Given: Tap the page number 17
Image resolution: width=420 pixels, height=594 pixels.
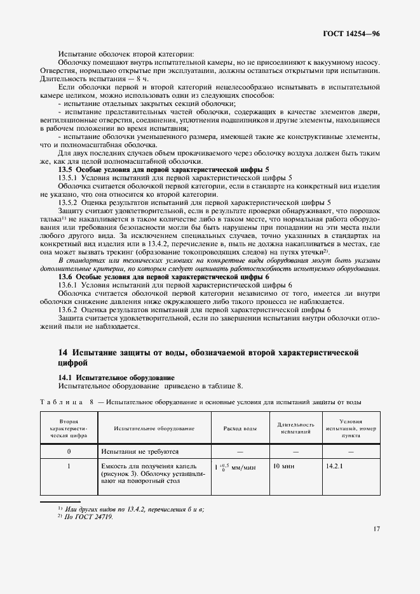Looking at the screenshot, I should tap(376, 527).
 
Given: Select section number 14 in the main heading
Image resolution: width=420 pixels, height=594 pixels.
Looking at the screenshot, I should tap(62, 352).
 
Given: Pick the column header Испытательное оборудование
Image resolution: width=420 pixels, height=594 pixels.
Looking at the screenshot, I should tap(154, 428).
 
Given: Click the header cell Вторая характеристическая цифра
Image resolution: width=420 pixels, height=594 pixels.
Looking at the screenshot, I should tap(68, 428).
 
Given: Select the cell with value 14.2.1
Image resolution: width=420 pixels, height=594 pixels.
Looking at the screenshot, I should tap(334, 466).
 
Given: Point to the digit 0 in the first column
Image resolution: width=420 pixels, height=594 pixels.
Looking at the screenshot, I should tap(68, 451).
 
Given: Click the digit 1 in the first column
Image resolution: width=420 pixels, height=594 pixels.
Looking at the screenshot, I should tap(68, 466).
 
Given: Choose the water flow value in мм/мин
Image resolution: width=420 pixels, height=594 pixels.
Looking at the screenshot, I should tap(235, 466).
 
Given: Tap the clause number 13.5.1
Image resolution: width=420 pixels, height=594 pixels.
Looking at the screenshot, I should tap(69, 178).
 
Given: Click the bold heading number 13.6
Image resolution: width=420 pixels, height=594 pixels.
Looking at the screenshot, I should tap(65, 277).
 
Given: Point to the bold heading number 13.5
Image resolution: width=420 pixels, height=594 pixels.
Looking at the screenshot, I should tap(65, 169).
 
